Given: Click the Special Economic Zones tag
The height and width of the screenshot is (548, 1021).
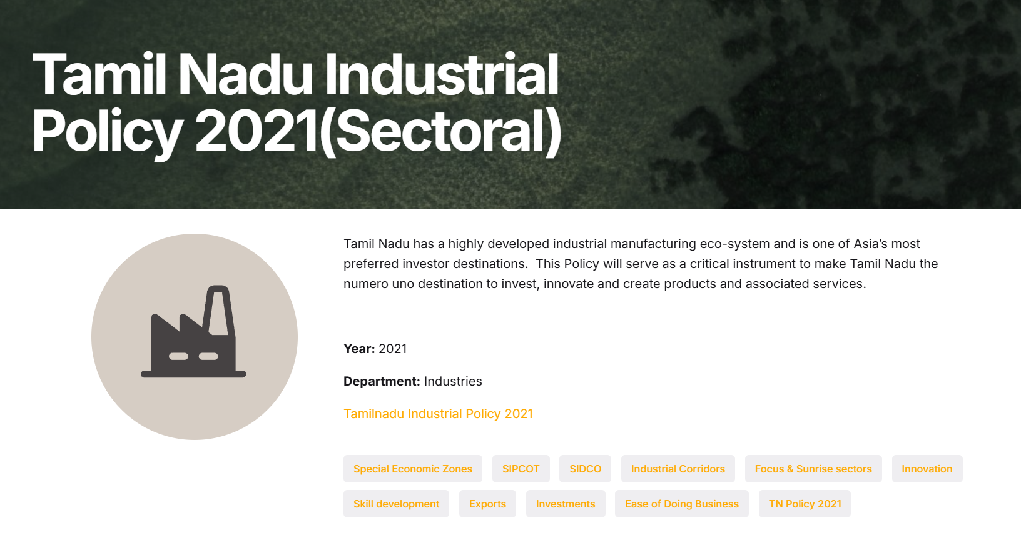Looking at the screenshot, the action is (x=412, y=469).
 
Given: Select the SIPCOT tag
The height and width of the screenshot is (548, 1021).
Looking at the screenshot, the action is (x=521, y=469).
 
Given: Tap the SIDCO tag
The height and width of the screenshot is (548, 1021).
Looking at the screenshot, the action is (x=585, y=469).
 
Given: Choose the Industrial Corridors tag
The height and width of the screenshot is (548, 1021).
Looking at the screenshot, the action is (x=678, y=469).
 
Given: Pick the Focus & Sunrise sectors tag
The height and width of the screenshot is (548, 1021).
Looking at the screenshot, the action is (x=813, y=469).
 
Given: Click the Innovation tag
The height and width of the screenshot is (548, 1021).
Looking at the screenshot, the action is (x=927, y=469).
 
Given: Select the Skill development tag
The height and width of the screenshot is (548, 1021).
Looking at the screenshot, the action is (x=396, y=504).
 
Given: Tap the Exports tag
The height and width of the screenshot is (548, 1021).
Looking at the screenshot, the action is (x=487, y=504).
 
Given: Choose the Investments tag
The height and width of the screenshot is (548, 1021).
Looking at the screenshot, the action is (x=566, y=504).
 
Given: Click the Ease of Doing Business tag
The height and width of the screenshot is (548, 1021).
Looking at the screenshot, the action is (x=681, y=504).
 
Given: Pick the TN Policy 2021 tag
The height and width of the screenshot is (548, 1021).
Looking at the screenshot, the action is (x=805, y=504).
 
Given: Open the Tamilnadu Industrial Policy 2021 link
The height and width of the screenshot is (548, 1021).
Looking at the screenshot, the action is (x=438, y=413).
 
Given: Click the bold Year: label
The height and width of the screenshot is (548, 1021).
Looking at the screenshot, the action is (x=359, y=349).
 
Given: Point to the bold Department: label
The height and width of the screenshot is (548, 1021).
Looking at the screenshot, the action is (x=382, y=381).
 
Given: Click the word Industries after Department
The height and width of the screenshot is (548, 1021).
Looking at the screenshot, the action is (x=453, y=381).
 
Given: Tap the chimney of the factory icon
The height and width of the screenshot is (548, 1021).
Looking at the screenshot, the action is (x=218, y=311).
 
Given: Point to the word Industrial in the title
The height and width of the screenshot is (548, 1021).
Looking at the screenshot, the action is (x=441, y=74).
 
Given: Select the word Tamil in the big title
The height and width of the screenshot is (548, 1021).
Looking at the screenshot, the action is (x=98, y=74).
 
